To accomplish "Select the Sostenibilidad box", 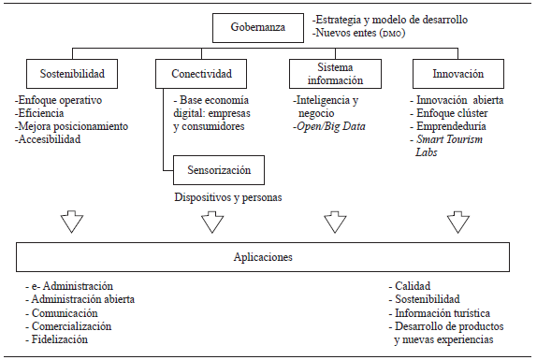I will click(71, 73).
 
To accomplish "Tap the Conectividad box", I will click(201, 73).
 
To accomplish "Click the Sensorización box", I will click(219, 171).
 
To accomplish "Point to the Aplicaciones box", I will click(264, 255).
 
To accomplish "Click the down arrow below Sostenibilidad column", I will click(72, 222).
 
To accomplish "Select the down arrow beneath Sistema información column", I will click(334, 222).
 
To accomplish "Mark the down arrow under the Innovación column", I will click(458, 222).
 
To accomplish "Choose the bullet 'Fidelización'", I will click(61, 339).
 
